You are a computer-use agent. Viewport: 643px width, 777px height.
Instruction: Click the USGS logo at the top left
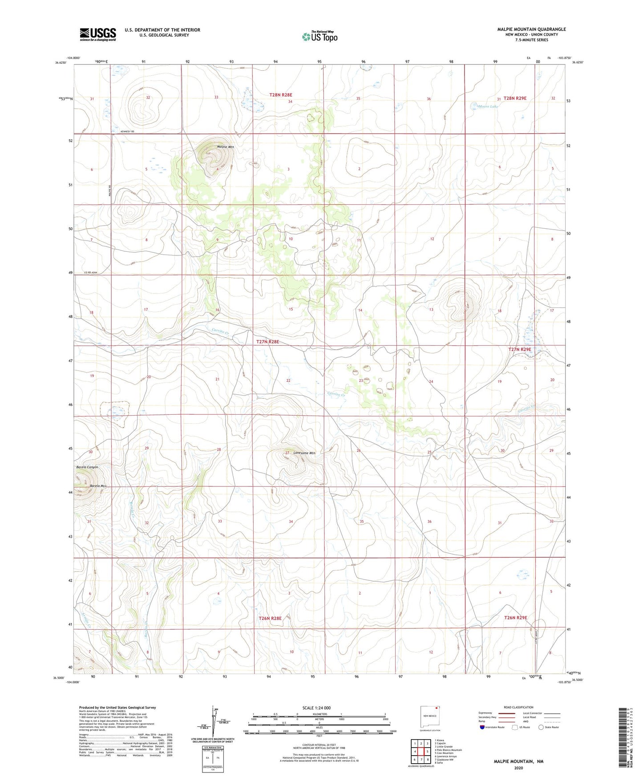click(x=98, y=34)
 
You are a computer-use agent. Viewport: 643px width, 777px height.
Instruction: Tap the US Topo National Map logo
click(x=319, y=36)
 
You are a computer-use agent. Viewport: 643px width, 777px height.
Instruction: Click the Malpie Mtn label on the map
click(x=225, y=146)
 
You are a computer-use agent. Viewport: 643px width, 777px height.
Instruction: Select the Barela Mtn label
click(x=98, y=486)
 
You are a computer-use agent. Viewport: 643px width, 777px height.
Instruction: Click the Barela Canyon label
click(x=86, y=467)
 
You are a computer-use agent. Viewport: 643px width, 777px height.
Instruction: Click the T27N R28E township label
click(x=268, y=342)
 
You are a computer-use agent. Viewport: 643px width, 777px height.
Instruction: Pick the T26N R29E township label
click(x=515, y=618)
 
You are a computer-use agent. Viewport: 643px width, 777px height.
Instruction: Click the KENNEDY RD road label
click(x=127, y=132)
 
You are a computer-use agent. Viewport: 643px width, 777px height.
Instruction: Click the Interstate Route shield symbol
click(x=482, y=727)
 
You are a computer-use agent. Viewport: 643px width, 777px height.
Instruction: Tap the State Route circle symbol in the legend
click(x=541, y=727)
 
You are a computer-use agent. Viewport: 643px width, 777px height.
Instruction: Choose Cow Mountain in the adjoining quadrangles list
click(x=444, y=753)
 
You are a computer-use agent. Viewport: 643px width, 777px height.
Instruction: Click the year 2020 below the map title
click(x=518, y=768)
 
